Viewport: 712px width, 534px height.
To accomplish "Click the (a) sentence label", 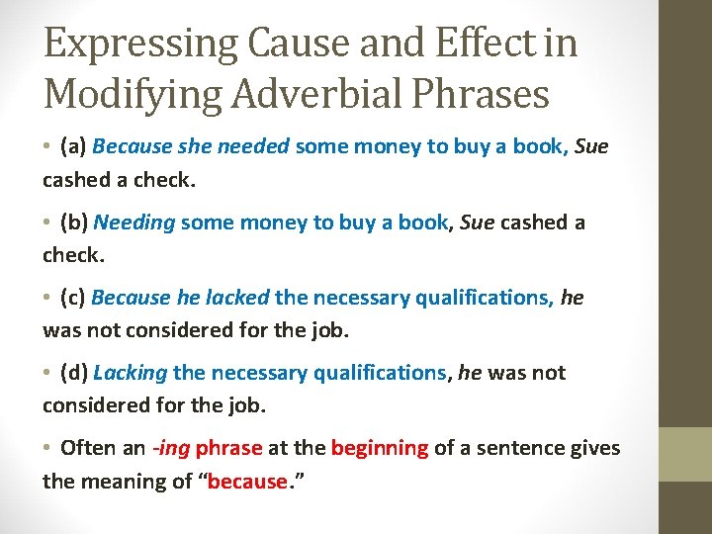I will (x=74, y=147).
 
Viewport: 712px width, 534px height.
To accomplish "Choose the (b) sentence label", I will (x=74, y=222).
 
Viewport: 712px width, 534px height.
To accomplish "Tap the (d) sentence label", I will (x=74, y=373).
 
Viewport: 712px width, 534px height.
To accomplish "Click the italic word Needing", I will (x=134, y=222).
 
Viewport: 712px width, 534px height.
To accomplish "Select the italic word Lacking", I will (x=131, y=373).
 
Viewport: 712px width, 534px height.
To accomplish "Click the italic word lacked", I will (x=237, y=298).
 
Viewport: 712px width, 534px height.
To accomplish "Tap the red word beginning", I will (x=380, y=448).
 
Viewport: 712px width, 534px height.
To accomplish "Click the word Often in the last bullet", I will (x=86, y=448).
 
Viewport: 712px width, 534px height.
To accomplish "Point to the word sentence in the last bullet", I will (x=530, y=448).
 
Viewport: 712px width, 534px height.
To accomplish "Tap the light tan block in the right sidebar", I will (x=685, y=454).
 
